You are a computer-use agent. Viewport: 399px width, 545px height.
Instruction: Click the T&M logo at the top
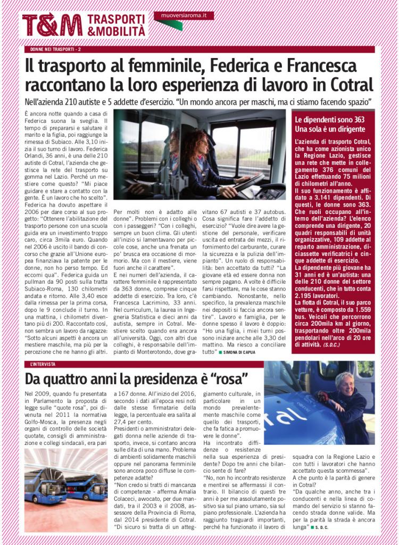52,24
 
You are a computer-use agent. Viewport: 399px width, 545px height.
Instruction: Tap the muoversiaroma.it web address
184,15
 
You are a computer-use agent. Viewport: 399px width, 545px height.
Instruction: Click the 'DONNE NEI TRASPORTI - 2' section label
55,49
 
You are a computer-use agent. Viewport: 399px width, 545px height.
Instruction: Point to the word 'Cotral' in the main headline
346,85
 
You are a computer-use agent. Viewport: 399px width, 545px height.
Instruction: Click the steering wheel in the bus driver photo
250,183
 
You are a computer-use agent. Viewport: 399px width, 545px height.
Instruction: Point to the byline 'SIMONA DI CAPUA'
241,353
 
